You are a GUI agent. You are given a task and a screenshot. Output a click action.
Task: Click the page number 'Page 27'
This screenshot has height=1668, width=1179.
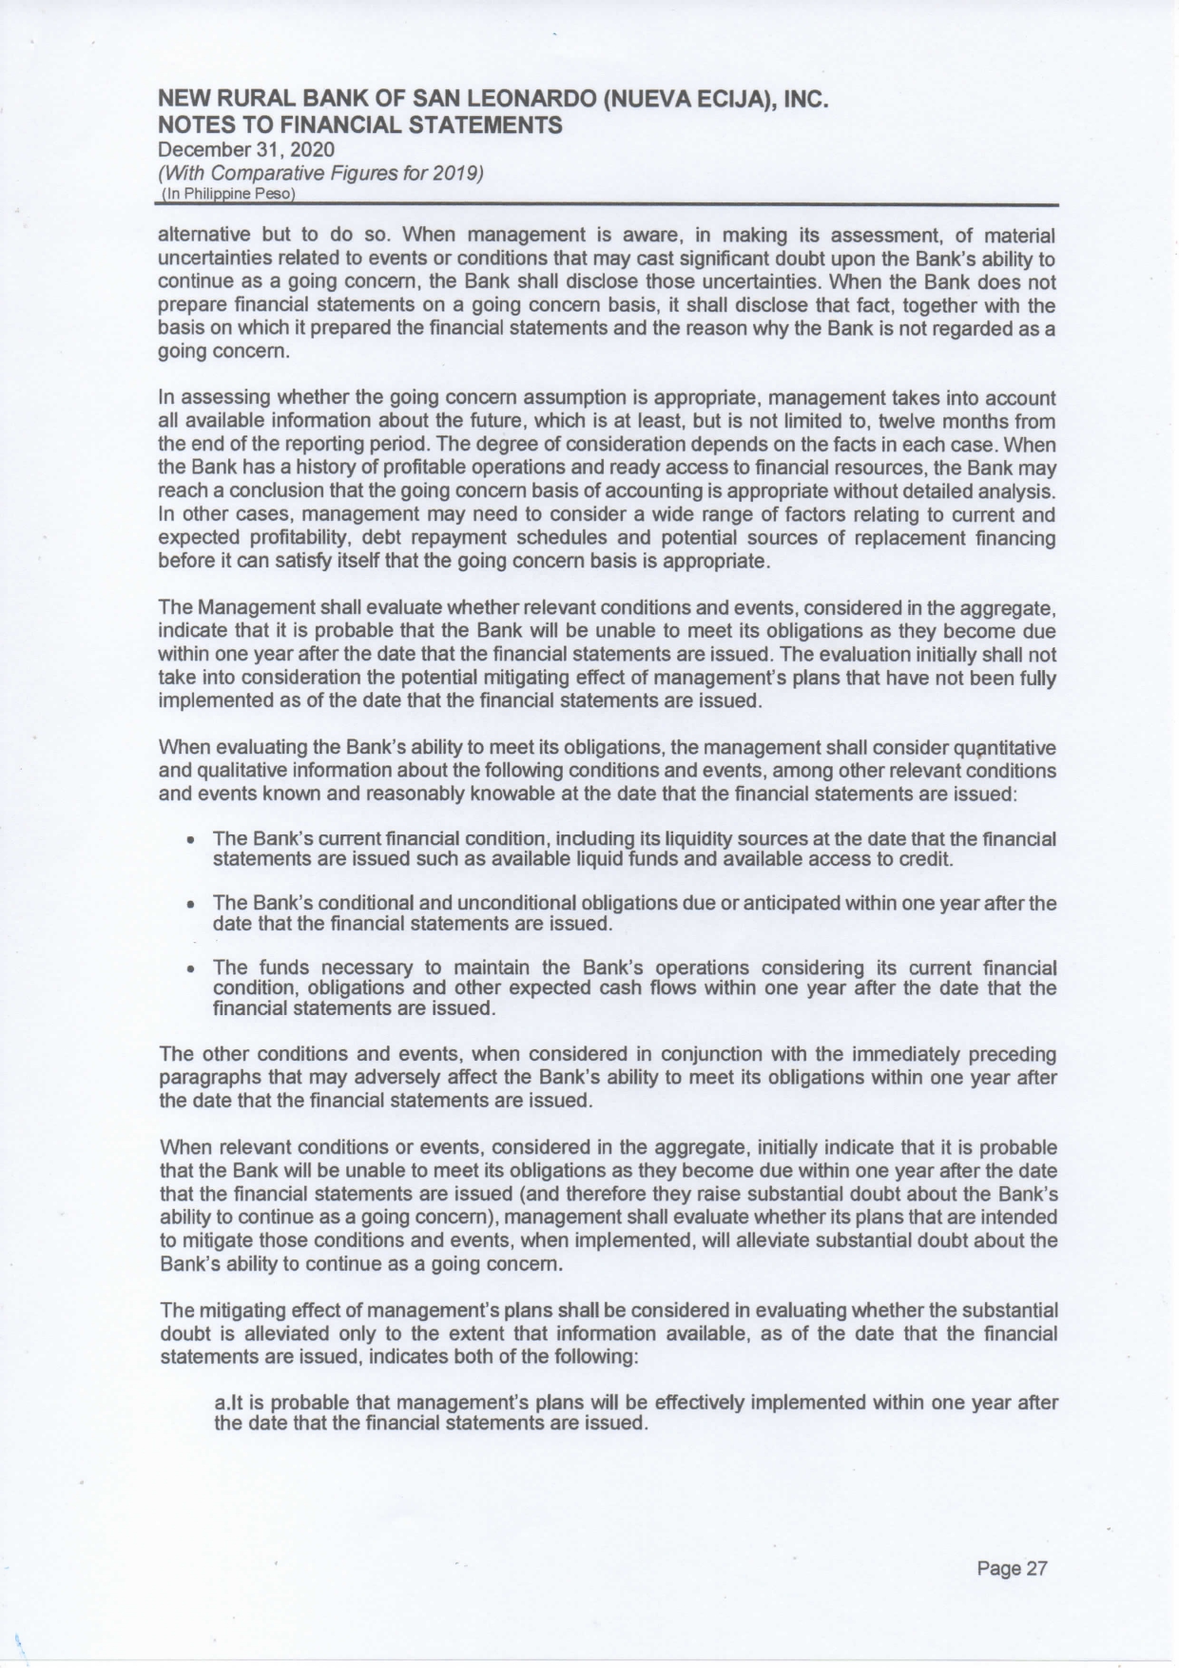(1012, 1568)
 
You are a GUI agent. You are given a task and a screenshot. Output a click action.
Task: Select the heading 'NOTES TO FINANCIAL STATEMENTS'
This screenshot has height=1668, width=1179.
(359, 125)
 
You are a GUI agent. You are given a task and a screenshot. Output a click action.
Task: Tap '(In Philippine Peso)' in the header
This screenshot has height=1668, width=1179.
(229, 194)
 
